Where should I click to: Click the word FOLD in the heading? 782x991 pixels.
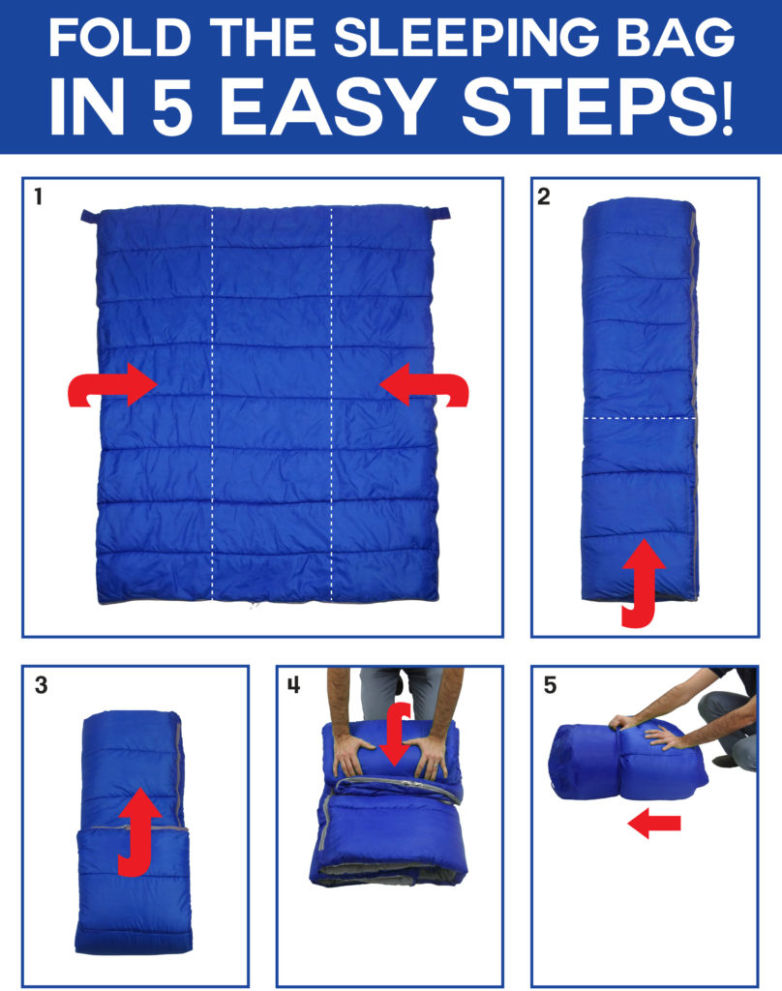[x=119, y=38]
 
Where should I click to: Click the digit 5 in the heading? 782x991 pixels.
[x=172, y=106]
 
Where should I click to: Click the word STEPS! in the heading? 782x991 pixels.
[x=597, y=106]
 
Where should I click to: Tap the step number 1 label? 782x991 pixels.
[x=39, y=196]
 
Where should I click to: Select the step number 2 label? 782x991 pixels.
[x=543, y=196]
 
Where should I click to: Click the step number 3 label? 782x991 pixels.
[x=41, y=685]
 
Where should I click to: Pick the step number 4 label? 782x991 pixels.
[x=294, y=685]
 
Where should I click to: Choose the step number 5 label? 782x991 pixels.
[x=550, y=685]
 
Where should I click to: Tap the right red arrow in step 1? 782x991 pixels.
[x=424, y=385]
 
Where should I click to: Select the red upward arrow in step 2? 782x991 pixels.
[x=644, y=583]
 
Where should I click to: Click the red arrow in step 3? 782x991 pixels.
[x=139, y=831]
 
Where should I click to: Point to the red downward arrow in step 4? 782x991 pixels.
[x=396, y=735]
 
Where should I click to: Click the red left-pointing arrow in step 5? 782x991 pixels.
[x=654, y=823]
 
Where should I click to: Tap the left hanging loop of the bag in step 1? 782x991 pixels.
[x=89, y=216]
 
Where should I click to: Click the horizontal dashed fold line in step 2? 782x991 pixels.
[x=639, y=418]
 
